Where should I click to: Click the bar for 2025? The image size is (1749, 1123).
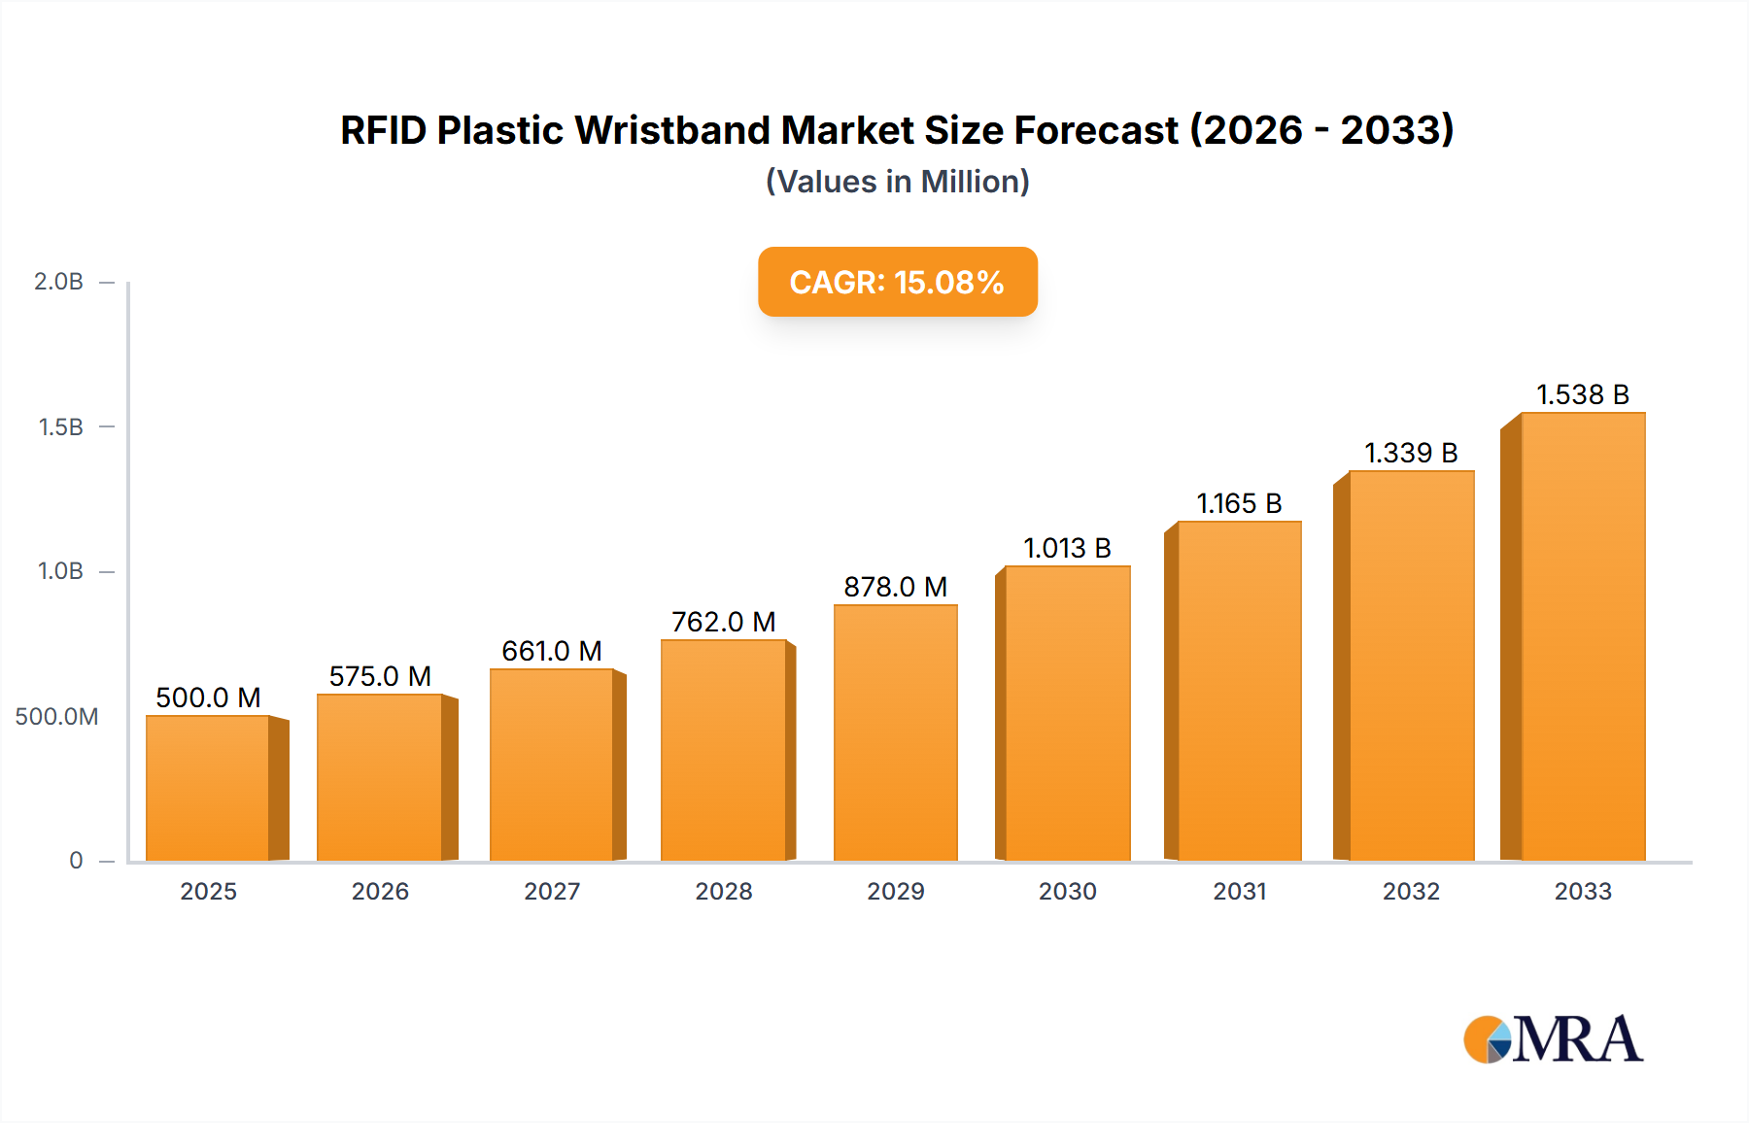click(x=208, y=788)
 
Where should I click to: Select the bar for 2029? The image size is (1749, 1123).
click(x=895, y=732)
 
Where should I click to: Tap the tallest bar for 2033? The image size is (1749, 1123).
click(x=1582, y=636)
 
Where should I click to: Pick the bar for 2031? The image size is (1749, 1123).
click(x=1239, y=691)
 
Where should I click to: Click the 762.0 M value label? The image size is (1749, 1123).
click(x=723, y=622)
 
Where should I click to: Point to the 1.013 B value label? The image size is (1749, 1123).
click(x=1067, y=548)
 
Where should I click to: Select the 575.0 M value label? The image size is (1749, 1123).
click(x=380, y=676)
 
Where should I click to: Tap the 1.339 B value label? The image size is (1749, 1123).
click(x=1411, y=453)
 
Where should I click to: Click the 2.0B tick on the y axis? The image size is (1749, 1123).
click(x=59, y=282)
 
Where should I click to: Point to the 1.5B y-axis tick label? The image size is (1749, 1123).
click(x=61, y=427)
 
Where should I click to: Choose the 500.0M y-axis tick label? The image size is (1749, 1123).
click(x=56, y=717)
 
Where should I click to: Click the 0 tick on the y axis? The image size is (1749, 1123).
click(x=76, y=861)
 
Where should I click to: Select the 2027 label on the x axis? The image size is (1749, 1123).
click(x=552, y=891)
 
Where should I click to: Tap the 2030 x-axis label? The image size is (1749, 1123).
click(x=1067, y=891)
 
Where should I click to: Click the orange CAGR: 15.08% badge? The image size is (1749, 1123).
click(x=897, y=282)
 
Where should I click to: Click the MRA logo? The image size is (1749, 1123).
click(x=1553, y=1039)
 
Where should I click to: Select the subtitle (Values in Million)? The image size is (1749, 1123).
click(x=897, y=182)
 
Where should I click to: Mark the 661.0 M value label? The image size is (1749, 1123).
click(x=552, y=651)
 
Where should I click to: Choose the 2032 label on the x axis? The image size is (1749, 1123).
click(x=1411, y=891)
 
